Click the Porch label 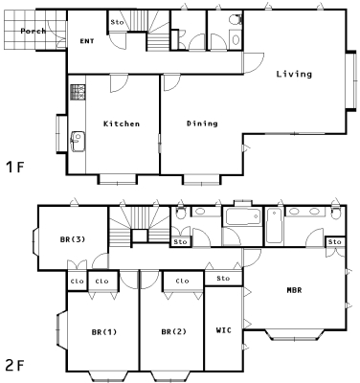(34, 31)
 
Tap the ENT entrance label (87, 41)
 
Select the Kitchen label (122, 124)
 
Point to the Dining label (202, 124)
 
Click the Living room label (294, 74)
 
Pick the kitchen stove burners (78, 92)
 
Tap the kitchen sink (78, 142)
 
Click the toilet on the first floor (236, 19)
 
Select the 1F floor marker (15, 167)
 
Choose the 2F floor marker (15, 365)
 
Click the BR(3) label (73, 239)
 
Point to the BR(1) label (104, 332)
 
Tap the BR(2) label (174, 332)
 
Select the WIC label (223, 330)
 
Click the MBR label (294, 290)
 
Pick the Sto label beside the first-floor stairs (117, 22)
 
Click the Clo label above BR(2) (182, 282)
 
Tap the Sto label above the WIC (223, 279)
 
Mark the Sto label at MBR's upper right (335, 242)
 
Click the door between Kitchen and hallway (119, 83)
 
